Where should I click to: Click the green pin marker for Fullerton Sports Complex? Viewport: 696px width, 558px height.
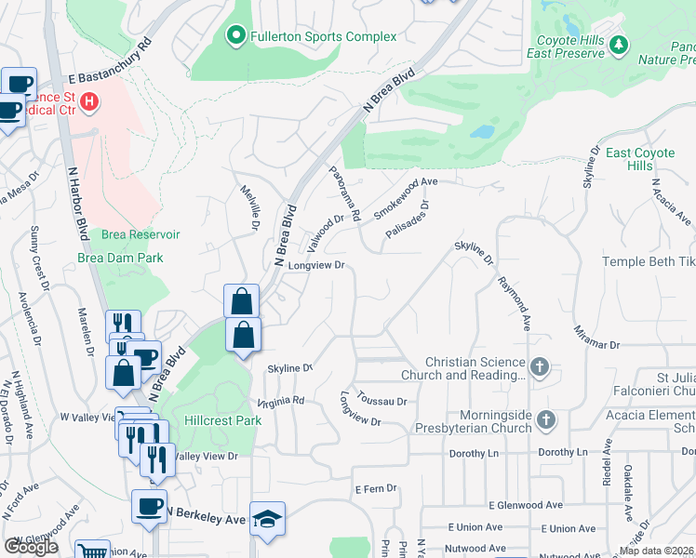coord(236,36)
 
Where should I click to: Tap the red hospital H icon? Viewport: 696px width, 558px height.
coord(90,101)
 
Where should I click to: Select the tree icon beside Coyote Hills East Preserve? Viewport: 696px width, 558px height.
coord(618,44)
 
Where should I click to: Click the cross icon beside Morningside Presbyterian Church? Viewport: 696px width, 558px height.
coord(546,421)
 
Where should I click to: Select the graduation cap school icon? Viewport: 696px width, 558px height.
coord(267,519)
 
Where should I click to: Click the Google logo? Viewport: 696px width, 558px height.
coord(31,547)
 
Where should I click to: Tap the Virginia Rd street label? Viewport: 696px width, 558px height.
coord(281,401)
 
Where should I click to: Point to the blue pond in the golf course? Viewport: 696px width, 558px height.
coord(481,131)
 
